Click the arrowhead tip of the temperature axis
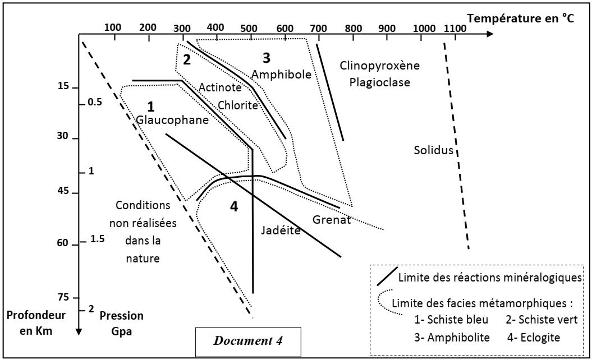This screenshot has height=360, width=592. tap(493, 34)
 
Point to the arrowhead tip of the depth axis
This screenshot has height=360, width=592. tap(79, 335)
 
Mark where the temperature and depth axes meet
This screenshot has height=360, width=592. tap(79, 34)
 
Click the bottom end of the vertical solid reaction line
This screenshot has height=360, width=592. tap(253, 293)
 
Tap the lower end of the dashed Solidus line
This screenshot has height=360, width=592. tap(469, 250)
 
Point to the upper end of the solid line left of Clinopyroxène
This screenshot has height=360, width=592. tap(317, 44)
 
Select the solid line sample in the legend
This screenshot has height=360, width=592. tap(387, 276)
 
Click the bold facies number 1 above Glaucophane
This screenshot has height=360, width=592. tap(150, 107)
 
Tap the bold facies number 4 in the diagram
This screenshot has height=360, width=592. tap(234, 206)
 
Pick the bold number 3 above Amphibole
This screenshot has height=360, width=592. tap(267, 58)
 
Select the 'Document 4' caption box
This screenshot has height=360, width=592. tap(248, 342)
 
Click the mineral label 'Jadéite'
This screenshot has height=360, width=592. tap(281, 230)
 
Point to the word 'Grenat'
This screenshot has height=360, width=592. tap(332, 219)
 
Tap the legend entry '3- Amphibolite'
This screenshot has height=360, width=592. tap(452, 338)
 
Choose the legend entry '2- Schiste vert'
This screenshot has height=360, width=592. tap(542, 320)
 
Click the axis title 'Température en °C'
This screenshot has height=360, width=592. tap(521, 18)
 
